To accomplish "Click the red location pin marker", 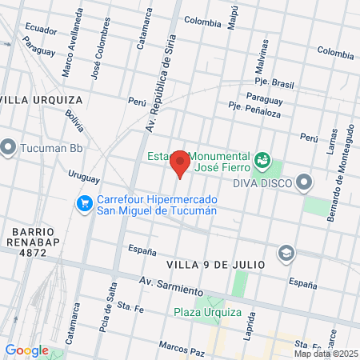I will [x=181, y=162].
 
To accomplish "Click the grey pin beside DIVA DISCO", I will [x=304, y=184].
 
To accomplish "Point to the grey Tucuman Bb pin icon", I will [x=9, y=148].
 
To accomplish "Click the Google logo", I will [x=26, y=350].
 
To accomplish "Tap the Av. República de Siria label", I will [x=158, y=87].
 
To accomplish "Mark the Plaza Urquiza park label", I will [x=207, y=312].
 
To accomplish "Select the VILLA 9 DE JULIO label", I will [x=215, y=263].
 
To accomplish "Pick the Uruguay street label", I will [x=83, y=177].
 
